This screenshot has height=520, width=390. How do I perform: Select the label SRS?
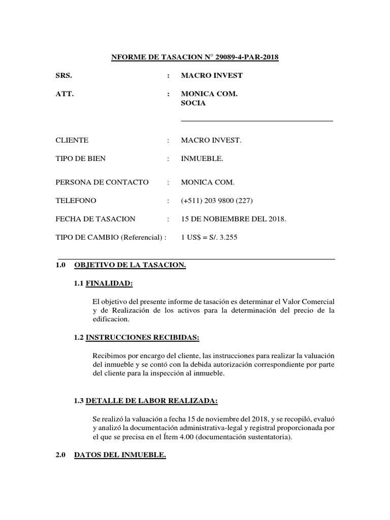[63, 76]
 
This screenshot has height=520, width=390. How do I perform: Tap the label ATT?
[64, 94]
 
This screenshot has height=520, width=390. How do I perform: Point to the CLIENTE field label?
[72, 140]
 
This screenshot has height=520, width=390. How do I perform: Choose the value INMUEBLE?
[202, 158]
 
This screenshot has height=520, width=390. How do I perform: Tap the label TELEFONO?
[76, 201]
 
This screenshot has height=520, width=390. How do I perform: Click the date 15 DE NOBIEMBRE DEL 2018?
[234, 219]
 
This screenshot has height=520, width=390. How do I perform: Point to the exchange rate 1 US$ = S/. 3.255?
[212, 238]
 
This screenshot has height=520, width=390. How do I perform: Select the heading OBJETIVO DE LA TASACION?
[130, 265]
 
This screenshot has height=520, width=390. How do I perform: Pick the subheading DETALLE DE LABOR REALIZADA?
[152, 401]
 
